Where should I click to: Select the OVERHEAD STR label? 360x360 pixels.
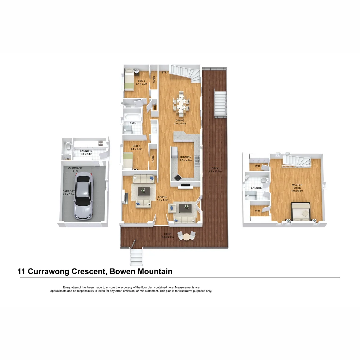click(75, 169)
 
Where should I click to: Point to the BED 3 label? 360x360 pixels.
click(141, 81)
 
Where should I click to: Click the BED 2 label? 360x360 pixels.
click(136, 146)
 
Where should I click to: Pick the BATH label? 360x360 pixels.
click(133, 123)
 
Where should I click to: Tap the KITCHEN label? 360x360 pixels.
click(186, 157)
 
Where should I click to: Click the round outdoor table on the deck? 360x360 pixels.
click(186, 237)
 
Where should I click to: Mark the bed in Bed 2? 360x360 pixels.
click(128, 161)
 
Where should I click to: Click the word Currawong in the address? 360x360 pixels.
click(50, 271)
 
